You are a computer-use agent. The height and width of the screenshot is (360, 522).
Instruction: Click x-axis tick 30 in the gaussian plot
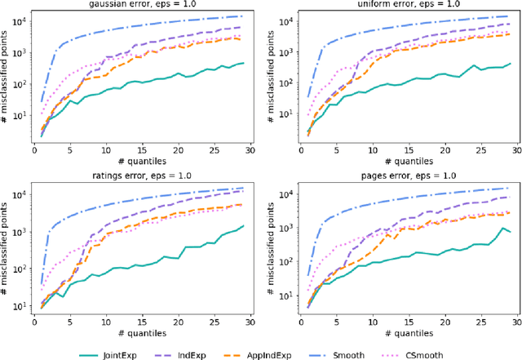tap(249, 150)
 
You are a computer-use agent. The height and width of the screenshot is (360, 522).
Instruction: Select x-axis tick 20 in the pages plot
tap(441, 324)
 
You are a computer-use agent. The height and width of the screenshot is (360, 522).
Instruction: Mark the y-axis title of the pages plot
tap(270, 251)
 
